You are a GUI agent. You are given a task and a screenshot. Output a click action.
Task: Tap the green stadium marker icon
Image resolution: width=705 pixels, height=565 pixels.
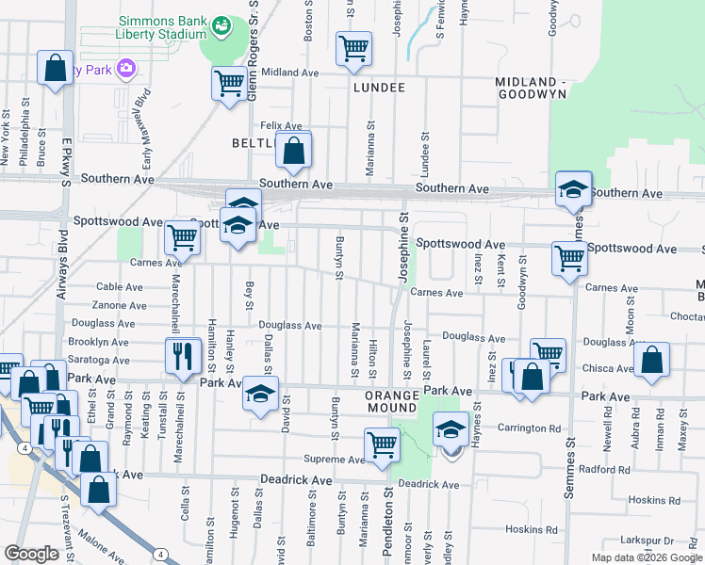tap(221, 25)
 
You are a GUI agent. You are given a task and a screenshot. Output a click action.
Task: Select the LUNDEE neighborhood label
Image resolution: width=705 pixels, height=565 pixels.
tap(379, 88)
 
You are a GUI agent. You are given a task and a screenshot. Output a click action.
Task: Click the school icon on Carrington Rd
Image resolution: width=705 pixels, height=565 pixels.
tap(451, 429)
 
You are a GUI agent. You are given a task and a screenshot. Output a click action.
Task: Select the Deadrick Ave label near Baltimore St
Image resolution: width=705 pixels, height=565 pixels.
tap(297, 480)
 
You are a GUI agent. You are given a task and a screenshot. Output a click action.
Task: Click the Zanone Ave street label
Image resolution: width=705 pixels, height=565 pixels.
tap(120, 305)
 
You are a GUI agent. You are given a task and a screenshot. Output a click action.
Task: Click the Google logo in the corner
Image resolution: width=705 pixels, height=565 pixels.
tap(32, 554)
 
